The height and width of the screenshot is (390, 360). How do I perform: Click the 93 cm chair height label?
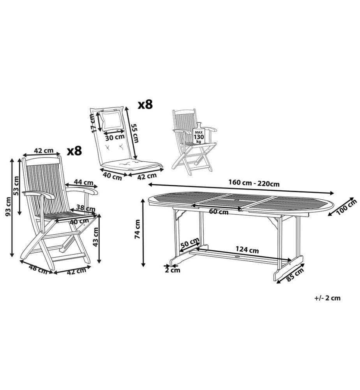pos(8,206)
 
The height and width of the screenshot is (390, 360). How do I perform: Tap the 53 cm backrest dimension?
pos(16,186)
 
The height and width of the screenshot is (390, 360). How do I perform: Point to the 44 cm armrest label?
pos(84,182)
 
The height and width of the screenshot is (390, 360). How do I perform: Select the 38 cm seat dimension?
pos(85,207)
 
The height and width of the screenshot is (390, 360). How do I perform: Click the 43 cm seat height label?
pos(96,237)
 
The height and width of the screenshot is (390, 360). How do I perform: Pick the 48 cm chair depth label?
pos(38,269)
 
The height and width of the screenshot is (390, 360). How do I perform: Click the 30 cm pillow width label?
pos(115,136)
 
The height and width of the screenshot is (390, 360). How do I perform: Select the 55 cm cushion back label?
pos(134,133)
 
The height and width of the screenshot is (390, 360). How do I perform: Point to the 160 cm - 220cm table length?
pos(254,183)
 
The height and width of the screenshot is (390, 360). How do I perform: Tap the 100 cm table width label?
pos(347,208)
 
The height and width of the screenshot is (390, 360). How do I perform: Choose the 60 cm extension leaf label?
pos(219,212)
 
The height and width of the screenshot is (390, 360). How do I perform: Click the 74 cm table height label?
pos(137,229)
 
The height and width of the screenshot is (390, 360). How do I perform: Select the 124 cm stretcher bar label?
pos(247,250)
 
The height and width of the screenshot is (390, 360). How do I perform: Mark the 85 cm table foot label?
pos(295,274)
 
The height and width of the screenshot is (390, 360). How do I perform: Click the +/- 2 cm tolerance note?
pos(327,298)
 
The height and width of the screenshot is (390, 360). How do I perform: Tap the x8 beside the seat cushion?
pos(145,105)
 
